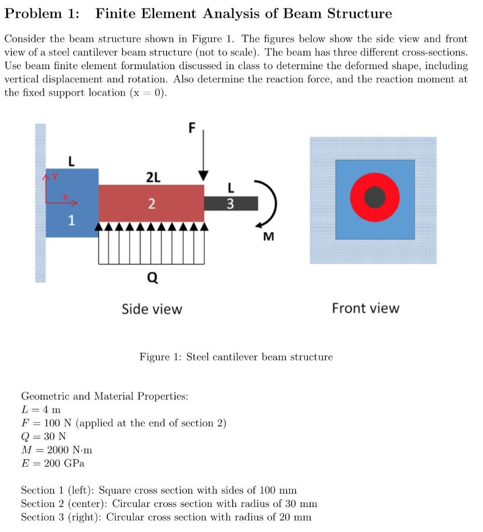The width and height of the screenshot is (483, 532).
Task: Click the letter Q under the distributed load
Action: [152, 280]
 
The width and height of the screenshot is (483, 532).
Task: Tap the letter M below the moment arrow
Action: [268, 237]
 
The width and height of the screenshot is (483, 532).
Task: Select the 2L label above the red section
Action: [153, 177]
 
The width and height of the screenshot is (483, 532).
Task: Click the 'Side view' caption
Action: [152, 310]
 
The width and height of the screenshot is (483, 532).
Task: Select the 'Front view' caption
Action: [366, 309]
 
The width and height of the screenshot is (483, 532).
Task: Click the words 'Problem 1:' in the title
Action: [42, 14]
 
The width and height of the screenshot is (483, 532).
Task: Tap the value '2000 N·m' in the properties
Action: [70, 449]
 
